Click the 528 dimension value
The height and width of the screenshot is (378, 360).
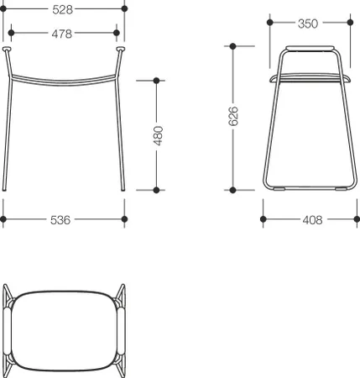point(63,10)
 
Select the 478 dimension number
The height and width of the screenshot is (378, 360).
point(62,34)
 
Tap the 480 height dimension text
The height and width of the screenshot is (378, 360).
point(158,136)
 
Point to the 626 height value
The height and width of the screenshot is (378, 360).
point(233,116)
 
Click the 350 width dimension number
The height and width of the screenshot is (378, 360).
point(308,24)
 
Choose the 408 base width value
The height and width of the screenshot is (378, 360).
point(312,220)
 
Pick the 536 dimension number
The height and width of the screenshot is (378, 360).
point(60,220)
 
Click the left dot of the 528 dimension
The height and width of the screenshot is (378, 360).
point(3,8)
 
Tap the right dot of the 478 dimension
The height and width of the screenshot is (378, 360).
point(117,33)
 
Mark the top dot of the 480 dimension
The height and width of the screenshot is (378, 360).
point(156,81)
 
